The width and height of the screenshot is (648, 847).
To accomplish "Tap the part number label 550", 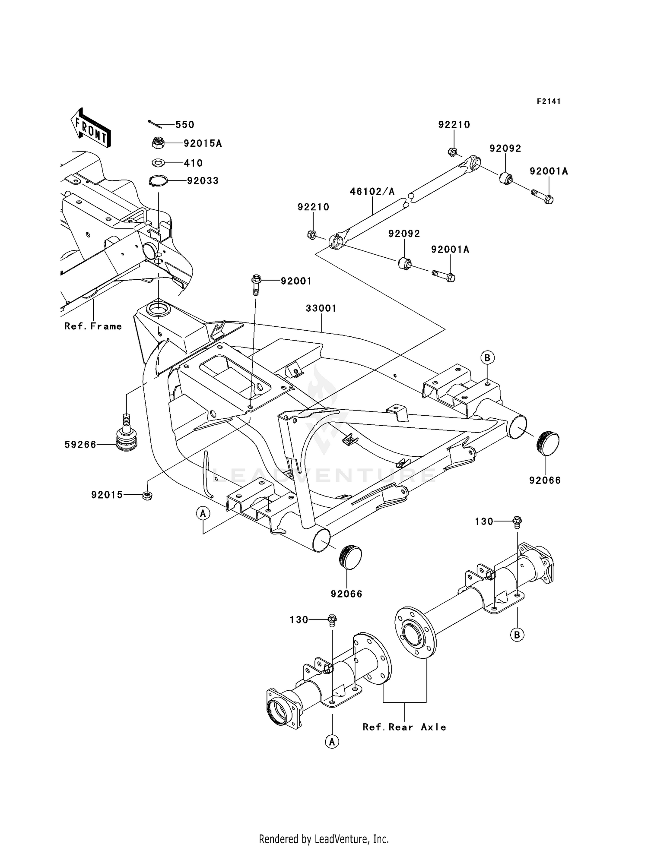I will tap(184, 125).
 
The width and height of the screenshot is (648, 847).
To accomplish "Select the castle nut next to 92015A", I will tap(158, 142).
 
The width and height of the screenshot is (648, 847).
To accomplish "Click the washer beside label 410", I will tap(158, 163).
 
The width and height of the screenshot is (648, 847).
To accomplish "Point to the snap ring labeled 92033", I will tap(158, 180).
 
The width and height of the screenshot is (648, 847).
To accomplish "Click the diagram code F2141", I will tap(549, 101).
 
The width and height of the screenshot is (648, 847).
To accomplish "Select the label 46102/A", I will tap(372, 191).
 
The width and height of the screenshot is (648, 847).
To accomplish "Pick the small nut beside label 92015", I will tap(147, 495).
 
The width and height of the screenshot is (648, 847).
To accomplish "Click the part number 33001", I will tap(321, 309).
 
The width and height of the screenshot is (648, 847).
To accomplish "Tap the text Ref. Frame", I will tap(93, 326).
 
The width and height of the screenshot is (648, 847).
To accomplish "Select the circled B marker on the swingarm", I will tap(487, 358).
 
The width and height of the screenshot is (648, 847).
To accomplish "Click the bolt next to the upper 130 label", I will tap(517, 521).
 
